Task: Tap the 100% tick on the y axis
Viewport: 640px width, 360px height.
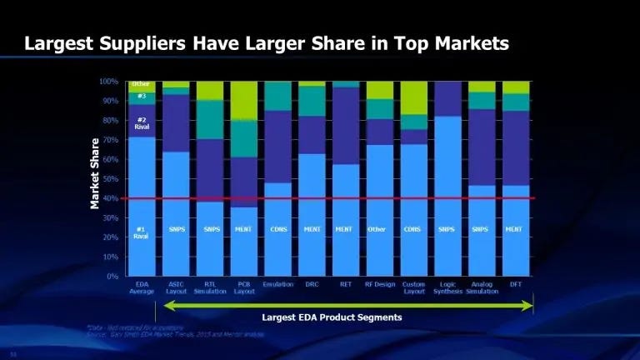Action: (x=109, y=82)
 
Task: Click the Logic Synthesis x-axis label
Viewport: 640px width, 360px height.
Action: (x=447, y=287)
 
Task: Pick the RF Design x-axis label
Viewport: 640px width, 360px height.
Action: (x=380, y=284)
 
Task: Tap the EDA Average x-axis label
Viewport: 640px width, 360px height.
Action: (x=142, y=287)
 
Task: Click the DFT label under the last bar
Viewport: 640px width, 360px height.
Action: (x=515, y=284)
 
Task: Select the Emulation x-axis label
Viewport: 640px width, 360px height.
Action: (x=277, y=284)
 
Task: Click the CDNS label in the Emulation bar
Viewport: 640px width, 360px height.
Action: (x=277, y=229)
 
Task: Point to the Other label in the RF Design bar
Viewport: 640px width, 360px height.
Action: (x=380, y=229)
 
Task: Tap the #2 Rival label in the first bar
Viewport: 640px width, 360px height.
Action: (x=142, y=122)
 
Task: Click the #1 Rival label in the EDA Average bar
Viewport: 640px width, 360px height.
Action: (x=142, y=232)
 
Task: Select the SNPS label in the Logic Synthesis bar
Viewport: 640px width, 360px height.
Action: (x=447, y=229)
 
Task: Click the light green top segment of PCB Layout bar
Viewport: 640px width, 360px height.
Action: (x=243, y=100)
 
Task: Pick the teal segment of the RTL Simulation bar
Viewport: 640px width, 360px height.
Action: (x=209, y=119)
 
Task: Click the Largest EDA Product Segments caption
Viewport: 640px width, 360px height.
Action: (x=332, y=317)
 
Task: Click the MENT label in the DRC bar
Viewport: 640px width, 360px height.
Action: (x=312, y=229)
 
